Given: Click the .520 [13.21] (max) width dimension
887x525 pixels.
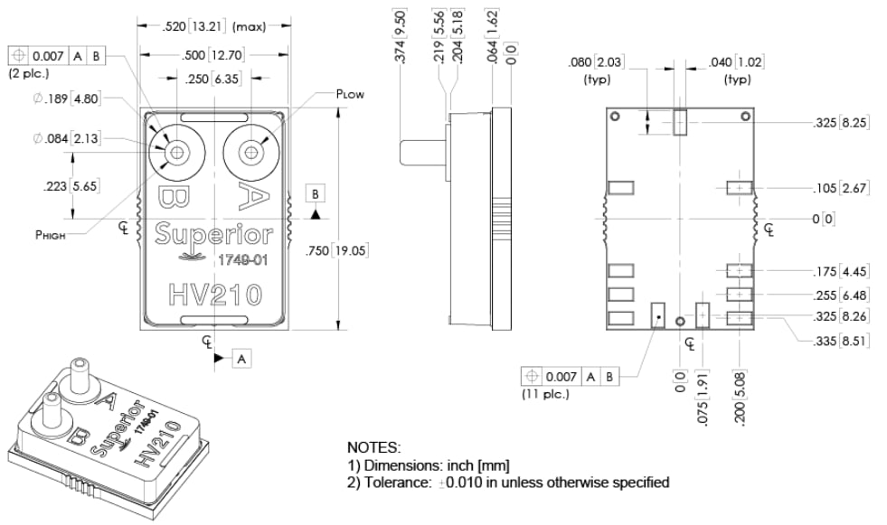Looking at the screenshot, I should [213, 26].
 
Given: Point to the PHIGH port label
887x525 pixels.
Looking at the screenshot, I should [52, 233].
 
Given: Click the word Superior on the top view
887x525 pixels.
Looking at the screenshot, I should [213, 234].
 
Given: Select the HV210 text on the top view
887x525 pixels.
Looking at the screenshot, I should [214, 295].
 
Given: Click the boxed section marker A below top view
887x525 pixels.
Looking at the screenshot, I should [241, 359].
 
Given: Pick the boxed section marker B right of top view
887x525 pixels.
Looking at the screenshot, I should [315, 194].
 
